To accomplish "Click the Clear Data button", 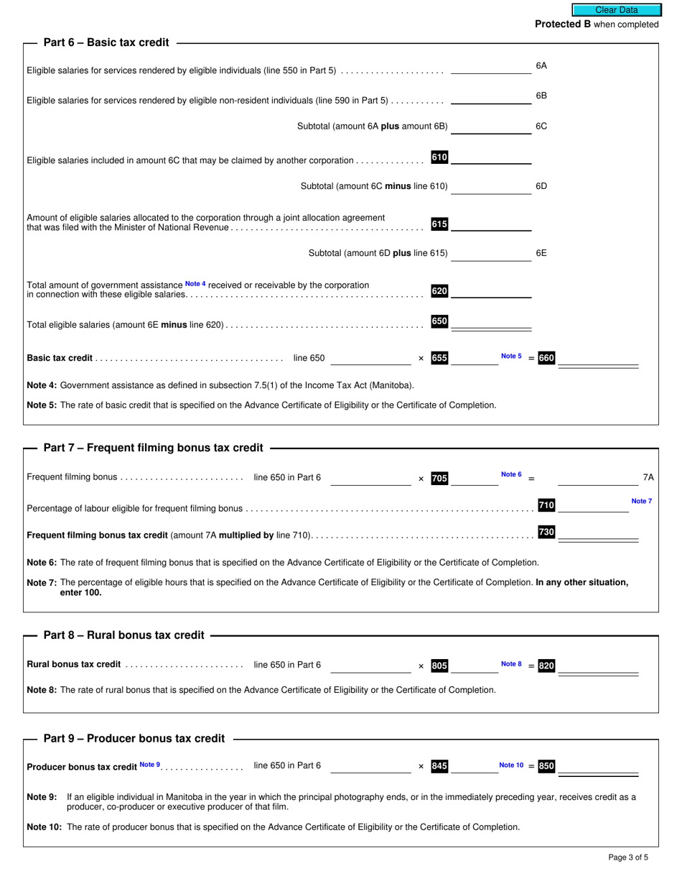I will pyautogui.click(x=616, y=10).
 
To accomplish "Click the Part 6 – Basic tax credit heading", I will pyautogui.click(x=106, y=42).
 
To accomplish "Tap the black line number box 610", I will pyautogui.click(x=439, y=157).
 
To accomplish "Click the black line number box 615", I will pyautogui.click(x=439, y=224).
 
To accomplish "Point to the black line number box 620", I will pyautogui.click(x=439, y=291).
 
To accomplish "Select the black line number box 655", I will pyautogui.click(x=439, y=358).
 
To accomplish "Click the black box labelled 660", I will pyautogui.click(x=546, y=358).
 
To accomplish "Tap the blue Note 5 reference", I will pyautogui.click(x=511, y=356).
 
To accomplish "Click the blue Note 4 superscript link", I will pyautogui.click(x=195, y=284).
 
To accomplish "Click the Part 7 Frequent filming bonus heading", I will pyautogui.click(x=153, y=448).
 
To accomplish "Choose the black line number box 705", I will pyautogui.click(x=439, y=478).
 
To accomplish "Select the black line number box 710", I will pyautogui.click(x=546, y=505).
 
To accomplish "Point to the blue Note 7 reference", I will pyautogui.click(x=641, y=501).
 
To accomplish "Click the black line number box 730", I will pyautogui.click(x=546, y=533).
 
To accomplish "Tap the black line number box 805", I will pyautogui.click(x=439, y=666).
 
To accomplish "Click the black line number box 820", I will pyautogui.click(x=546, y=666).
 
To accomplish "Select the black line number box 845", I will pyautogui.click(x=439, y=766).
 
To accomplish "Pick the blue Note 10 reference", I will pyautogui.click(x=511, y=765).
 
